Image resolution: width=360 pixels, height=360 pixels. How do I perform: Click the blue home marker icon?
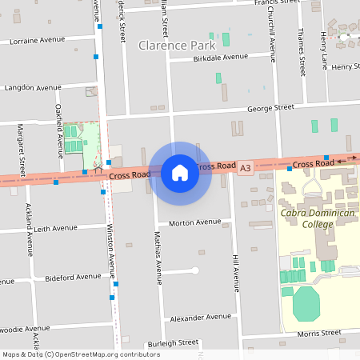click(x=179, y=173)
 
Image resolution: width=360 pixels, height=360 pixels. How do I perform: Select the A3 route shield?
click(x=245, y=167)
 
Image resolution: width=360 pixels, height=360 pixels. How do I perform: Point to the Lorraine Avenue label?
click(x=36, y=39)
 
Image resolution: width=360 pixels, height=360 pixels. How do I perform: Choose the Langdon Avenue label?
click(x=33, y=88)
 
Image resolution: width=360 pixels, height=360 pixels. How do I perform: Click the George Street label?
click(x=270, y=107)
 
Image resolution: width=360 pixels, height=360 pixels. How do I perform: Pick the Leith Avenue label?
click(x=55, y=228)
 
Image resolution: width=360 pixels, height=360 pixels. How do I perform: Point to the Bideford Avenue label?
click(x=72, y=277)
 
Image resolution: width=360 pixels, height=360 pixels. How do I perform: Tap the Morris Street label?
click(x=319, y=334)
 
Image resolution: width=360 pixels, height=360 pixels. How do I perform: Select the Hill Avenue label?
click(x=236, y=272)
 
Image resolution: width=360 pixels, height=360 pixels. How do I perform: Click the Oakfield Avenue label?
click(x=59, y=127)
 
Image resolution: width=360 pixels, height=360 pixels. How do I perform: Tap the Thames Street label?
click(x=301, y=47)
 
